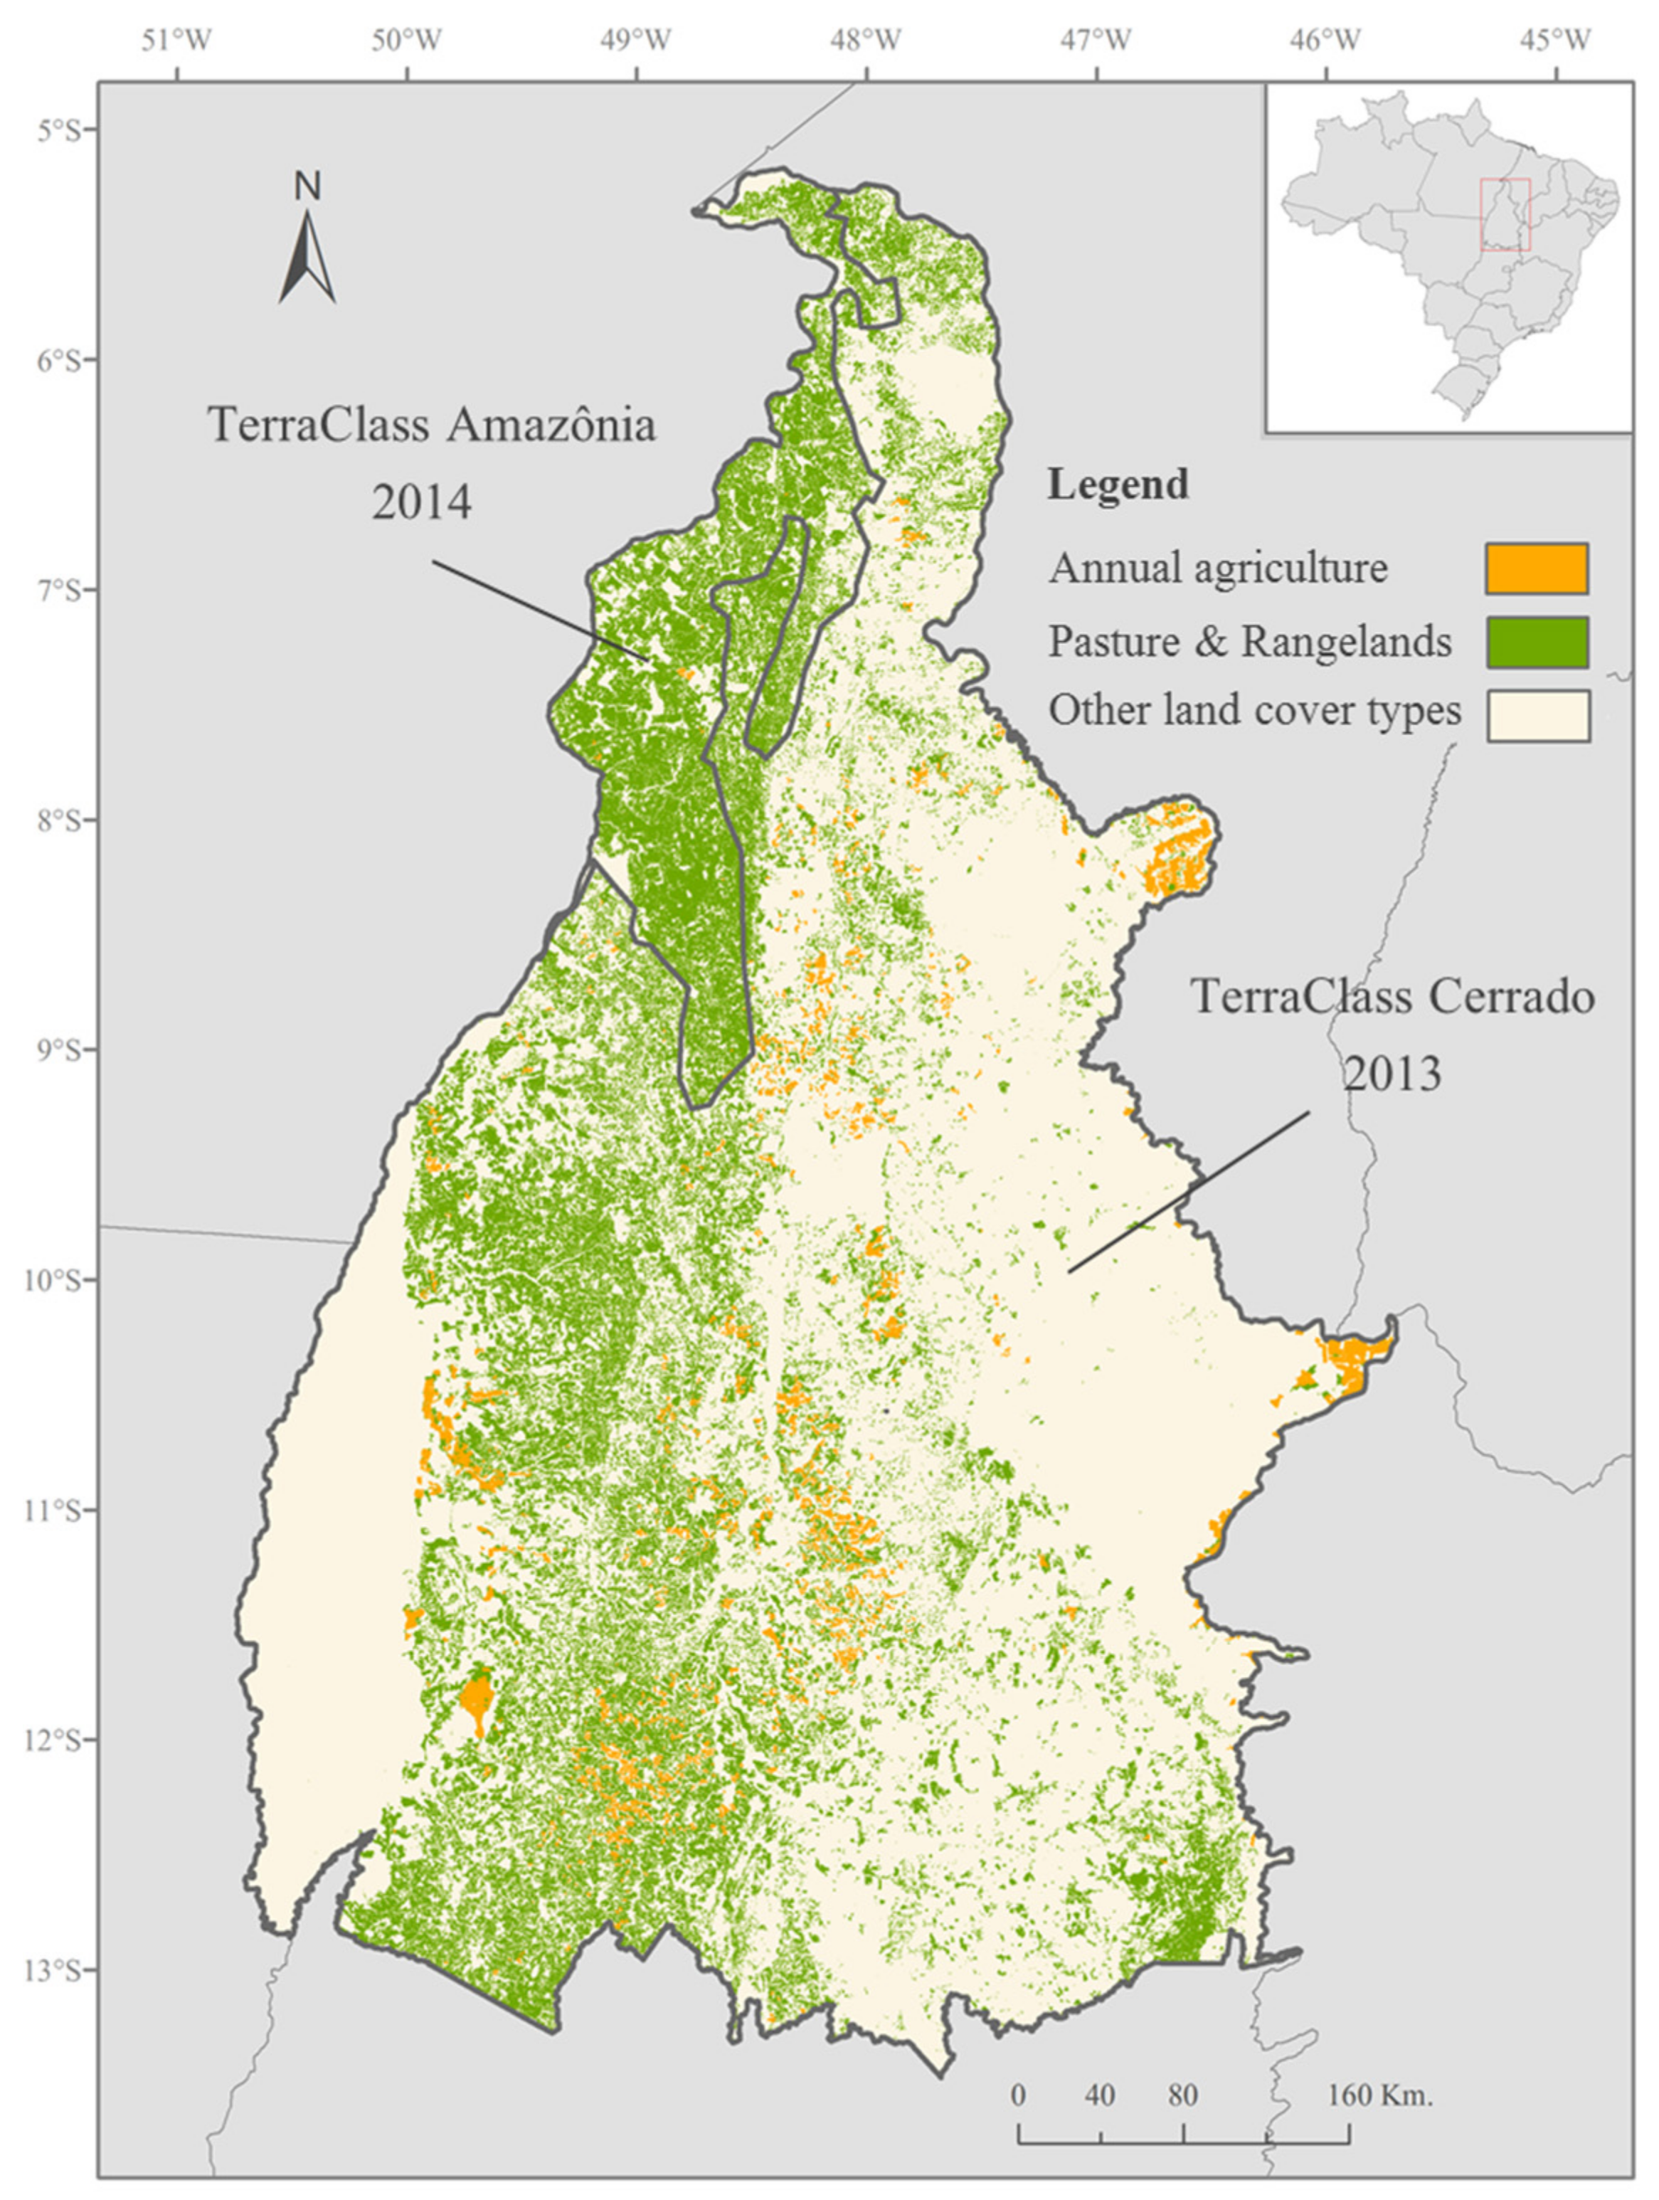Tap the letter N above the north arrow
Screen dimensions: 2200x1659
[307, 186]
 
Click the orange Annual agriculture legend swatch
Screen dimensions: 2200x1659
[1537, 569]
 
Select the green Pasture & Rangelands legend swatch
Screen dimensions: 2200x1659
[1537, 642]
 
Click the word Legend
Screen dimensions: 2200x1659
[1118, 485]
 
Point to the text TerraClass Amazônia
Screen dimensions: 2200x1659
[432, 425]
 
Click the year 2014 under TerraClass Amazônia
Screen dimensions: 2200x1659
[422, 502]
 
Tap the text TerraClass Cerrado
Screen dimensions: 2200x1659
[1392, 997]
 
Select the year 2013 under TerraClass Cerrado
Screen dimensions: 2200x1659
[1392, 1073]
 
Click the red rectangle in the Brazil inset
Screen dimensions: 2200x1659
[1505, 214]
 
